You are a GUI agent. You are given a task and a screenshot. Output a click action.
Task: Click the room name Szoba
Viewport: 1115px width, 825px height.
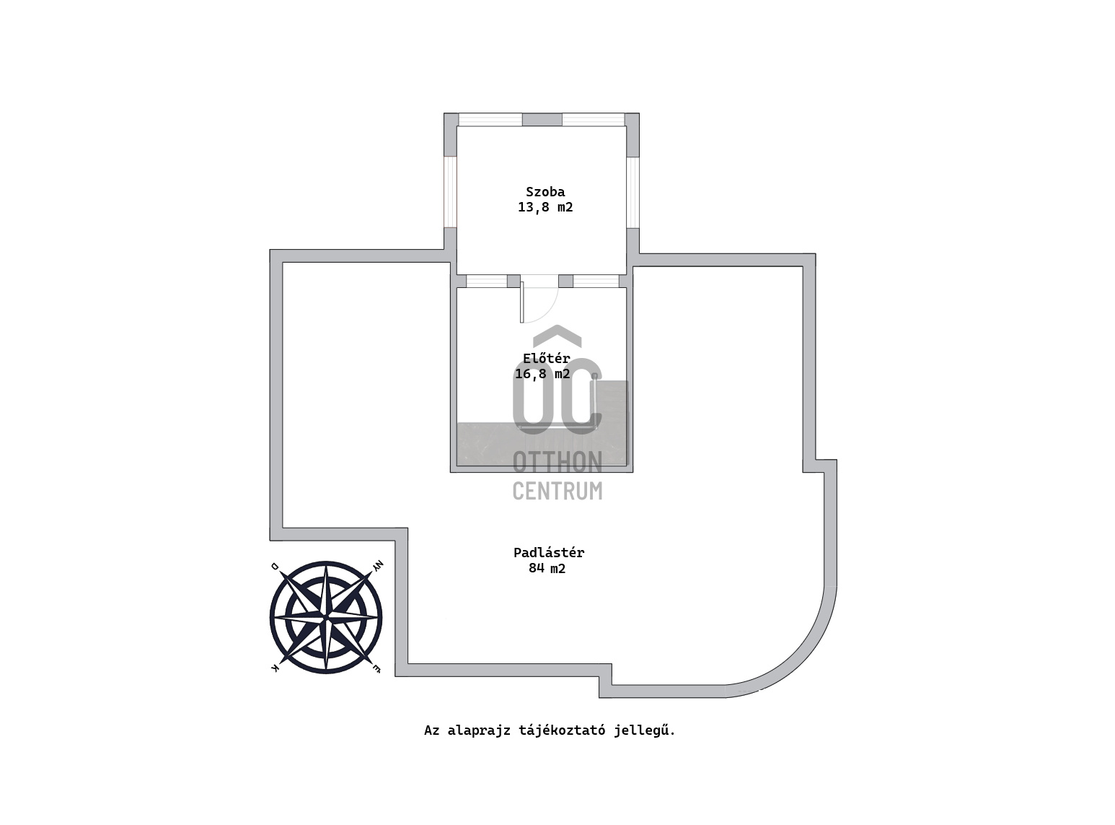click(x=545, y=192)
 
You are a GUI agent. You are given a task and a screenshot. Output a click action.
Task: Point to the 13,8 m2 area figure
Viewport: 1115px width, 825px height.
click(x=545, y=207)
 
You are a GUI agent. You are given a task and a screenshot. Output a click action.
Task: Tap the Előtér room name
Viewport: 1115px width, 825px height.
click(x=547, y=358)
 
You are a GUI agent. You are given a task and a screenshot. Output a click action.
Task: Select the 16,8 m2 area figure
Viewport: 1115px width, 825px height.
click(x=542, y=374)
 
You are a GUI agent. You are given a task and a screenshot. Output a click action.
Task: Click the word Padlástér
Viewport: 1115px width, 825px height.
click(x=548, y=552)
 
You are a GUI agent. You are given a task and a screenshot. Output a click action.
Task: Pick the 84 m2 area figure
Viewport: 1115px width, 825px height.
click(x=547, y=569)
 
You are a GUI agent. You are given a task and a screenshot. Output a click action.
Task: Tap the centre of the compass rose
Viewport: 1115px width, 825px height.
click(x=326, y=617)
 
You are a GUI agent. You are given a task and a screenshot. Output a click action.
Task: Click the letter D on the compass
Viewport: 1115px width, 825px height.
click(x=275, y=566)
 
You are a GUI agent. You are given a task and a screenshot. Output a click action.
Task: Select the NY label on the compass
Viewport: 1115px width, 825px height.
click(x=377, y=566)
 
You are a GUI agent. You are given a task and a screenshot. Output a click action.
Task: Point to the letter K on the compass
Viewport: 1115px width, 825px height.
click(x=275, y=668)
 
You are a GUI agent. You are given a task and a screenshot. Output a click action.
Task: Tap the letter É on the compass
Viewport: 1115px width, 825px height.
click(x=376, y=668)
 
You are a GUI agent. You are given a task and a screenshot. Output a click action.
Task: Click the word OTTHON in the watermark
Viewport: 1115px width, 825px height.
click(x=557, y=462)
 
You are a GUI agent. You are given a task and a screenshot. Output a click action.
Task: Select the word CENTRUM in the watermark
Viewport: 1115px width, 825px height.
click(x=557, y=491)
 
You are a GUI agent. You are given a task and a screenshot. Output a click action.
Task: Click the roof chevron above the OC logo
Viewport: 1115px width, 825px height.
click(x=557, y=336)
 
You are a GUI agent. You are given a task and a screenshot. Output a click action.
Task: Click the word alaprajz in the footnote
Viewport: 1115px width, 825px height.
click(x=478, y=730)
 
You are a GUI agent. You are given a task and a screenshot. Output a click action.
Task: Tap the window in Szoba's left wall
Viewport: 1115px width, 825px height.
click(x=450, y=192)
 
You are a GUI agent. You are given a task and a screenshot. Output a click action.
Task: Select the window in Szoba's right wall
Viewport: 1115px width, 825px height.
click(x=633, y=193)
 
